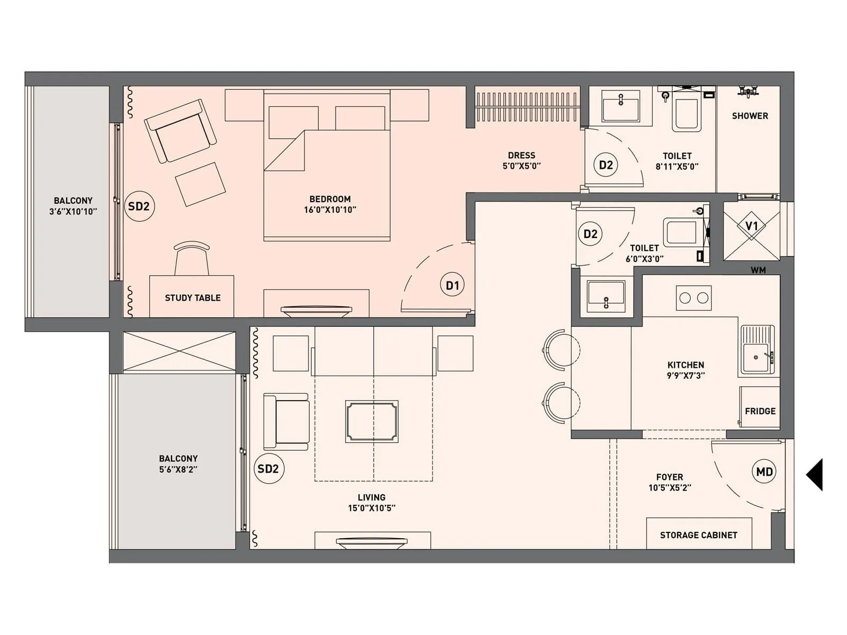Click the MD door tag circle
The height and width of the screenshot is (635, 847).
[764, 471]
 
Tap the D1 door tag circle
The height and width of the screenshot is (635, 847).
[452, 285]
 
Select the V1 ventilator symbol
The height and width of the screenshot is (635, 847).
[751, 226]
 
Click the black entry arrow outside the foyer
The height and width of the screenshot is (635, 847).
[815, 475]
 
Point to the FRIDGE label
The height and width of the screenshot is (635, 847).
[760, 411]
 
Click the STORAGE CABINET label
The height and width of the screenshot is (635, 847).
[698, 535]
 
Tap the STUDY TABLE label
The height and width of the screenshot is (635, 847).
[193, 298]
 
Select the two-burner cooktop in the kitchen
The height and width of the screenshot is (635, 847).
[693, 298]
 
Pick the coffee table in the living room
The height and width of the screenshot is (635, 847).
[372, 421]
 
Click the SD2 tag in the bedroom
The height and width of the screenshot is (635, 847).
[139, 206]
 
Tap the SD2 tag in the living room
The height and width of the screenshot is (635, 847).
[268, 469]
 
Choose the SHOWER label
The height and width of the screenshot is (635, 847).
[750, 116]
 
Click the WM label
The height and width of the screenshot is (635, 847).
[758, 270]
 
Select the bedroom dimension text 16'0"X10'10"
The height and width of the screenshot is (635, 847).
[330, 210]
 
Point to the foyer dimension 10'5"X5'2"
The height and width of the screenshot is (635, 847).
[670, 488]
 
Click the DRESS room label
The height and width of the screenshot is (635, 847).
[521, 155]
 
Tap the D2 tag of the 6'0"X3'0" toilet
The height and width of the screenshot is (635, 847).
[590, 234]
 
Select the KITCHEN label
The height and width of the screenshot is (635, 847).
[686, 365]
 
